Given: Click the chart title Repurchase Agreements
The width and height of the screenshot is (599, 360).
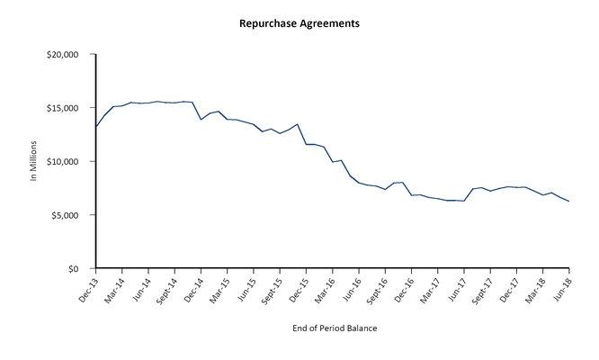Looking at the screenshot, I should pyautogui.click(x=299, y=22).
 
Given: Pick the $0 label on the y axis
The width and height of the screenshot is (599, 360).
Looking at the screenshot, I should pyautogui.click(x=79, y=269).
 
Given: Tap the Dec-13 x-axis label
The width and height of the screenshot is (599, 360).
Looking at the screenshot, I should pyautogui.click(x=87, y=287).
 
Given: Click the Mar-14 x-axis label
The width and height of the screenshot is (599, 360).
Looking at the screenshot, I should pyautogui.click(x=113, y=287).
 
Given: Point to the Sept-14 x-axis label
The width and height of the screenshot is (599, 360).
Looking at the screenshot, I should pyautogui.click(x=165, y=289).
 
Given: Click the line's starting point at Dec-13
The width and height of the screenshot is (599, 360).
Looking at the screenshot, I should pyautogui.click(x=95, y=127).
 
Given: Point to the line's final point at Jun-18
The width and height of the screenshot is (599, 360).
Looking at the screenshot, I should pyautogui.click(x=569, y=202).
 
